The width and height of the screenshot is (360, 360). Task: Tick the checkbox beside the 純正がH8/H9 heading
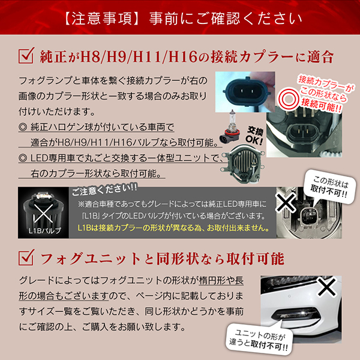point(26,56)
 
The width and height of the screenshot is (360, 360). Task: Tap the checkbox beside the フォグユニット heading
point(26,257)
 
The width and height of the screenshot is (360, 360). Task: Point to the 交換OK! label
point(254,136)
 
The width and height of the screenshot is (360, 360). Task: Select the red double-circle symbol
point(289,100)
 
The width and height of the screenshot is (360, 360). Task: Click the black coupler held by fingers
point(245,91)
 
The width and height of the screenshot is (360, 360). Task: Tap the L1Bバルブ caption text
point(45,230)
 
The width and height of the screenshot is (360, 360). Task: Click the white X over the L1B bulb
point(43,213)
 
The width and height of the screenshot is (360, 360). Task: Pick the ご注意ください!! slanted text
point(104,190)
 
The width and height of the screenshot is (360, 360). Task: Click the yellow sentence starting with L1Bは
point(173,228)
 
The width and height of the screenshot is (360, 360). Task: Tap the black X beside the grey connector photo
point(286,202)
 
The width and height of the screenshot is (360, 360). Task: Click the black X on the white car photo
point(326,287)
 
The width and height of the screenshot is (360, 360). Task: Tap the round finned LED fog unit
point(244,163)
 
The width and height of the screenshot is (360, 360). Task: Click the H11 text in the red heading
point(148,57)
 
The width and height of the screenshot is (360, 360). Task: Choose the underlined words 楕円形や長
point(221,280)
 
